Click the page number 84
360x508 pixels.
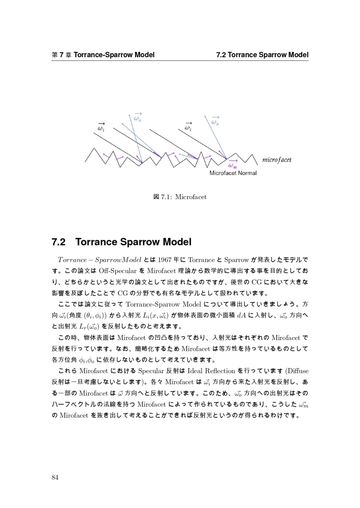(x=55, y=477)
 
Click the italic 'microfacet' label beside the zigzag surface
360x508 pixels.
(x=277, y=160)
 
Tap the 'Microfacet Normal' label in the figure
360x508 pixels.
(x=233, y=173)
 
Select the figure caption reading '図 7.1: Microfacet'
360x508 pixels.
(x=180, y=197)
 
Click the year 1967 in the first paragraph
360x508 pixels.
(x=164, y=260)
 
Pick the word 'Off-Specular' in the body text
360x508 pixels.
(x=117, y=271)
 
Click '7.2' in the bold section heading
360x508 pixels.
(x=58, y=242)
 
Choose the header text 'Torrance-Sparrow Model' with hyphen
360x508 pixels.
(x=114, y=55)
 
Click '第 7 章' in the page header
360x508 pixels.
(x=61, y=55)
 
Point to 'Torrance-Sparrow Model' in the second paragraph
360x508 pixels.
(x=163, y=304)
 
